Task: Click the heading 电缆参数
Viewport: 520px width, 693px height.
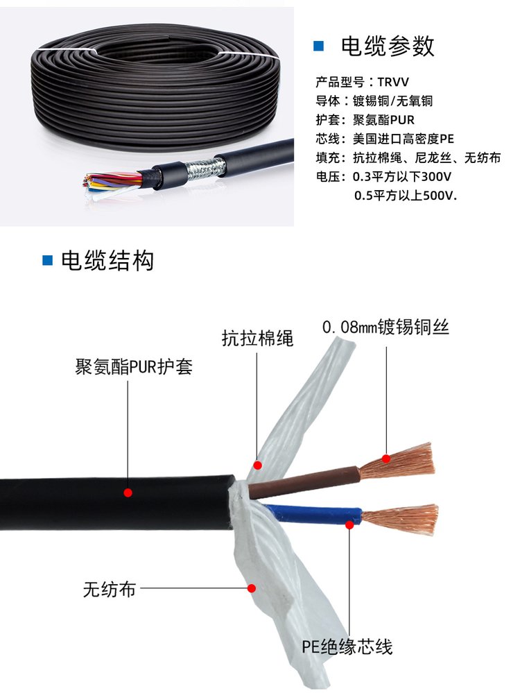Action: pos(388,46)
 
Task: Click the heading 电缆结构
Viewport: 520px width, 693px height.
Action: pos(107,260)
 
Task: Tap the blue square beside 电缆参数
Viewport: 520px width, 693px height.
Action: pos(318,46)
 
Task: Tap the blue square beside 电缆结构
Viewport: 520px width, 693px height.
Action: pos(47,260)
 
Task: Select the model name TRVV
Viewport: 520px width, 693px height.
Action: pos(393,83)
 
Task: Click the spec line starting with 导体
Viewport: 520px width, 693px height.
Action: pos(374,101)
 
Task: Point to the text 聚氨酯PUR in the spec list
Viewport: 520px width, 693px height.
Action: pos(383,120)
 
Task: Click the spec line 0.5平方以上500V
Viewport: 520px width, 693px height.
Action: pos(406,196)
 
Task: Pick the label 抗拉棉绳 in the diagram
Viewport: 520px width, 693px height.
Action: pos(257,339)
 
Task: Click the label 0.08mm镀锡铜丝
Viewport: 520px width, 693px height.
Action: pos(385,327)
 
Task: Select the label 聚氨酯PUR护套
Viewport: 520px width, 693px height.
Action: pos(134,367)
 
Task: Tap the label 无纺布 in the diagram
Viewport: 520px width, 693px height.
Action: pos(109,589)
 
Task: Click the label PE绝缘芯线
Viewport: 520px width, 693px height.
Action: pos(347,647)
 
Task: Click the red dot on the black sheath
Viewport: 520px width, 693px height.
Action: pos(128,493)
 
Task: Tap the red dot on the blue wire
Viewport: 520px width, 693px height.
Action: pos(349,525)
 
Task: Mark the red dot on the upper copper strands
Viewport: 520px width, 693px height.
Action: pos(386,459)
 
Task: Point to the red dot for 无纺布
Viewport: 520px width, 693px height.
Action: pos(252,588)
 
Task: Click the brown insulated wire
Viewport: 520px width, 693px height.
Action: pos(305,481)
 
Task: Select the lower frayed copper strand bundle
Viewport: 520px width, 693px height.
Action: pos(400,519)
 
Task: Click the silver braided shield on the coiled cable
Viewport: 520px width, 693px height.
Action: pos(205,169)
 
